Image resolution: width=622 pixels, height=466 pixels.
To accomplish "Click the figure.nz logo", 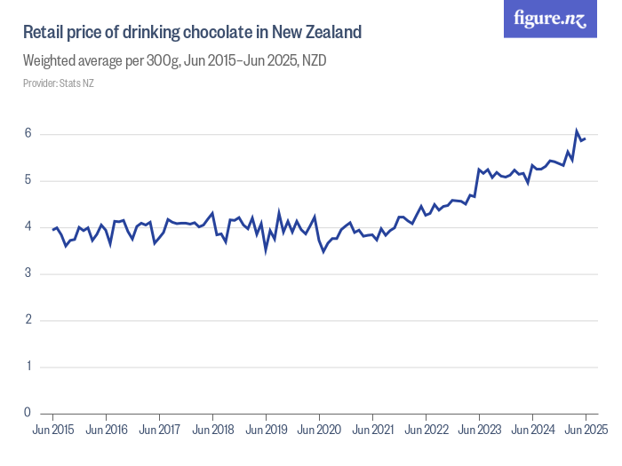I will point(550,20).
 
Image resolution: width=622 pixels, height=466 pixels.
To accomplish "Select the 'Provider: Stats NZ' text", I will point(59,83).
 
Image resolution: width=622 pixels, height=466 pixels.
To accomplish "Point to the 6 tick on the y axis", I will point(28,134).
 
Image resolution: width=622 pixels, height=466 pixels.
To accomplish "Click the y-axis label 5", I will point(28,180).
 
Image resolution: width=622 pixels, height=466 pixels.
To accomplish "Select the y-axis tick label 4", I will point(28,227).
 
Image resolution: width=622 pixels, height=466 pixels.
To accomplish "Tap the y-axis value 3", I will point(28,273).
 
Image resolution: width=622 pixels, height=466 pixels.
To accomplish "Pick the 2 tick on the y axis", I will point(28,320).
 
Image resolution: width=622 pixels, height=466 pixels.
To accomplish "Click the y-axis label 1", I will point(28,366).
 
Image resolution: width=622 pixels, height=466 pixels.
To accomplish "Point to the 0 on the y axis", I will point(28,413).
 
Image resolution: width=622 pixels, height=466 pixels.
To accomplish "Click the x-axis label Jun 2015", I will point(52,430).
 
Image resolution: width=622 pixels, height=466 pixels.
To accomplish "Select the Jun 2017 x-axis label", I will point(159,430).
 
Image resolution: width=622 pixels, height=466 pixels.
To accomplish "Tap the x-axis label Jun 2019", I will point(266,430).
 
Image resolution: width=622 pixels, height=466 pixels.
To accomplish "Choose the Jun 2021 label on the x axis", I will point(372,430).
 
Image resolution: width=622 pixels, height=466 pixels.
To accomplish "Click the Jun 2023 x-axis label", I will point(479,430).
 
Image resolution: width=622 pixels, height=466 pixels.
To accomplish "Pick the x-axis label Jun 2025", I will point(586,430).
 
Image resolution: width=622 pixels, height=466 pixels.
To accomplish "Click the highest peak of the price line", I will point(577,130).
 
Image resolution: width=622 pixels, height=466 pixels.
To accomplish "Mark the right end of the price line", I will point(586,138).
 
